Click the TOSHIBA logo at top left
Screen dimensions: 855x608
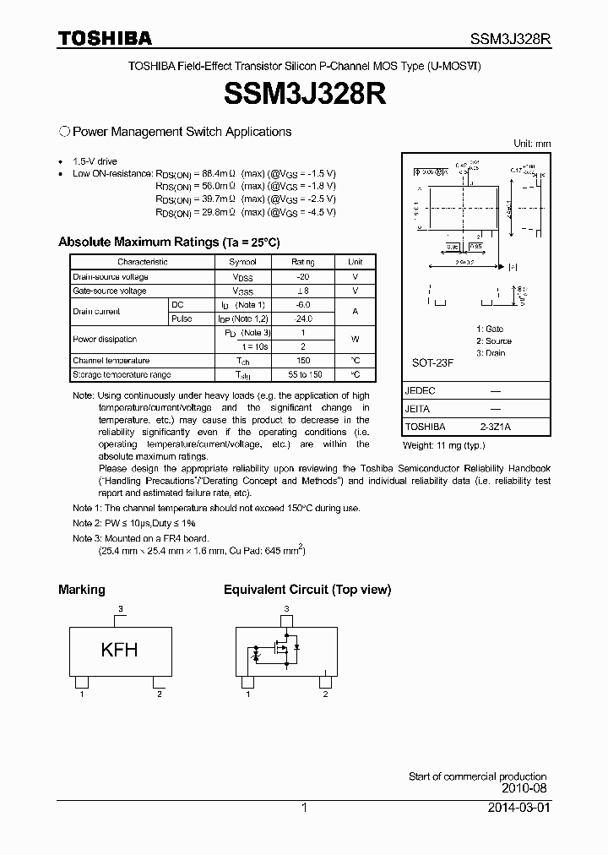tap(105, 38)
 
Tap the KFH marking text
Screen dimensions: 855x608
tap(119, 650)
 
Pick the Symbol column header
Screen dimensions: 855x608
tap(242, 262)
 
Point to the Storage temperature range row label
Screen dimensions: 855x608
tap(122, 374)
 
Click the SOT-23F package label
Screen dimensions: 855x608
tap(433, 362)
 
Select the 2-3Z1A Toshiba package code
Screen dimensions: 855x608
tap(496, 427)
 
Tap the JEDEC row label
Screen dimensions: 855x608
tap(421, 391)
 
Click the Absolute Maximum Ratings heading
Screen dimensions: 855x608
tap(168, 242)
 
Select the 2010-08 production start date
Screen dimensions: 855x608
tap(524, 787)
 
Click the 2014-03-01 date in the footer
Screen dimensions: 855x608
tap(518, 808)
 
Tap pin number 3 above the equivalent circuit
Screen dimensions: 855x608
tap(287, 608)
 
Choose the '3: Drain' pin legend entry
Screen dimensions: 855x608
tap(491, 352)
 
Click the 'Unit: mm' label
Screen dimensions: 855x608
tap(532, 144)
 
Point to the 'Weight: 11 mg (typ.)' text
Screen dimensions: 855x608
tap(444, 444)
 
